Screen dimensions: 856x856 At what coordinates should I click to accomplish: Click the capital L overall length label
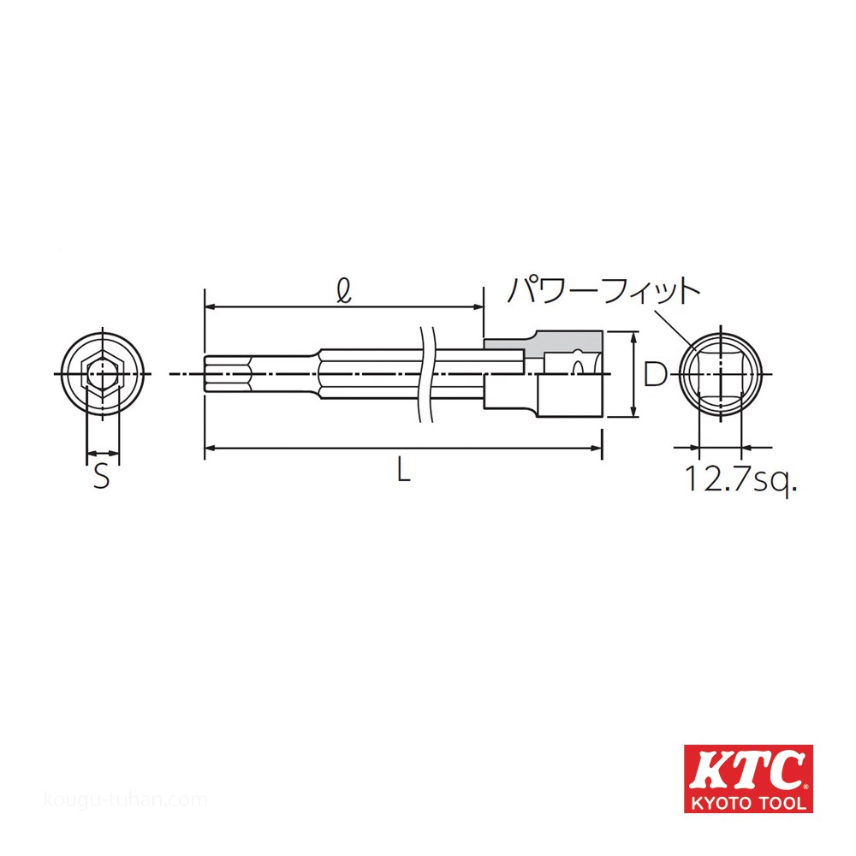[403, 469]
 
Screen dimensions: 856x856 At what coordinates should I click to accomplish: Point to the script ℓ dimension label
[344, 291]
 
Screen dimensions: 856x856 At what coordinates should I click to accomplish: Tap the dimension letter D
[655, 375]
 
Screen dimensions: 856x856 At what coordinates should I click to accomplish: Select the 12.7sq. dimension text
[740, 479]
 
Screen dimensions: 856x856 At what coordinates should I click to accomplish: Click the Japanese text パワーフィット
[603, 290]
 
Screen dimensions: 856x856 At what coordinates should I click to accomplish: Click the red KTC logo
[748, 778]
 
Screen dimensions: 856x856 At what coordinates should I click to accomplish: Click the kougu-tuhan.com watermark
[125, 800]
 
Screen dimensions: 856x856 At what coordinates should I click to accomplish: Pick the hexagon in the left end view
[102, 374]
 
